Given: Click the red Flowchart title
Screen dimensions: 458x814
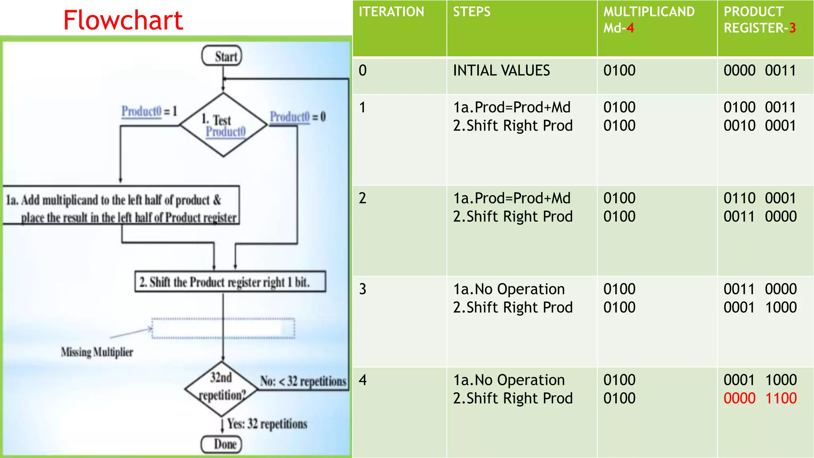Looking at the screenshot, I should [123, 20].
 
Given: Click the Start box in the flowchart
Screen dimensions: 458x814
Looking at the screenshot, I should [222, 56].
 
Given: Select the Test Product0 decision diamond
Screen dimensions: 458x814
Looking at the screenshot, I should [223, 125].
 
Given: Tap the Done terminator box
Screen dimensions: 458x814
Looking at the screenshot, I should [222, 444].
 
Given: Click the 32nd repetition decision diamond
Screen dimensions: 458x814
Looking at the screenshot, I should [221, 388].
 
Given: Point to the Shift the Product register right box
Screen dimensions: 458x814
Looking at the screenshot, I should [230, 282].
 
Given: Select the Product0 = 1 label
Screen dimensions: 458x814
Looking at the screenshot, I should [149, 111].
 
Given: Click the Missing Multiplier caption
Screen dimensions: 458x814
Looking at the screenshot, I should [97, 352].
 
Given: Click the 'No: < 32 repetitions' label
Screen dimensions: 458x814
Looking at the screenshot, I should [303, 381].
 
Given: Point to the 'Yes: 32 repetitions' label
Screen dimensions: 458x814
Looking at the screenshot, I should [267, 424].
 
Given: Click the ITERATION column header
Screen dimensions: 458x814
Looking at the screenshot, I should [391, 12].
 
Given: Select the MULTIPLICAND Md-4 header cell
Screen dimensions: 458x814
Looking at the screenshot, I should [649, 20].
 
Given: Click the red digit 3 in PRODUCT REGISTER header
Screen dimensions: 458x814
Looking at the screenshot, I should [792, 28].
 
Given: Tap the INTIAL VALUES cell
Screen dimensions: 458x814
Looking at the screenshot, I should [501, 71].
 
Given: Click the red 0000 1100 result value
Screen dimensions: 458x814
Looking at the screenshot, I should [760, 398].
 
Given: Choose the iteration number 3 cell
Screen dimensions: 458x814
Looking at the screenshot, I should [362, 289].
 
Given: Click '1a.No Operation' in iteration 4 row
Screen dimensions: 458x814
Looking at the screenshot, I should [508, 380].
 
